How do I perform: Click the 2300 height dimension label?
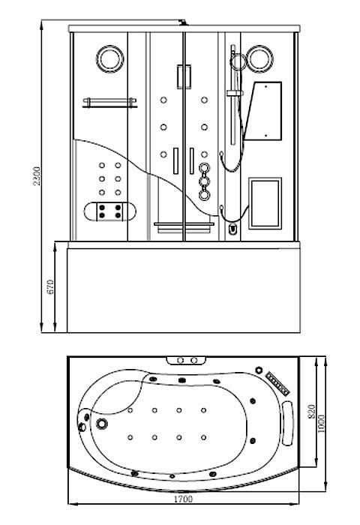pyautogui.click(x=37, y=176)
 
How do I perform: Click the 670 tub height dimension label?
pyautogui.click(x=50, y=287)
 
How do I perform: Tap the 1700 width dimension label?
pyautogui.click(x=183, y=499)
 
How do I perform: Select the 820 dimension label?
pyautogui.click(x=311, y=412)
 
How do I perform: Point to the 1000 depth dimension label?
pyautogui.click(x=321, y=424)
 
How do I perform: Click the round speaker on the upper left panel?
pyautogui.click(x=109, y=58)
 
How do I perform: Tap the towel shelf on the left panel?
pyautogui.click(x=109, y=103)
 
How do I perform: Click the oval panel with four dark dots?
pyautogui.click(x=109, y=211)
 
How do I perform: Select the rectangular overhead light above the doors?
pyautogui.click(x=184, y=76)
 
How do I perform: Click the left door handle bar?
pyautogui.click(x=175, y=160)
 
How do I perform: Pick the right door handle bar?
pyautogui.click(x=191, y=160)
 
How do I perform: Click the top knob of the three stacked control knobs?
pyautogui.click(x=204, y=168)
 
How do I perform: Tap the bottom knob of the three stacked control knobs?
pyautogui.click(x=204, y=195)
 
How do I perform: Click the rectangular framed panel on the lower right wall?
pyautogui.click(x=265, y=203)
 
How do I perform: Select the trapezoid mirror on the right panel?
pyautogui.click(x=263, y=111)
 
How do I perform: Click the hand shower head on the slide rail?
pyautogui.click(x=238, y=62)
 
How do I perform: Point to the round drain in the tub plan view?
pyautogui.click(x=102, y=424)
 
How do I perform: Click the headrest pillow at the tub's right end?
pyautogui.click(x=287, y=423)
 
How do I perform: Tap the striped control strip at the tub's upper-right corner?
pyautogui.click(x=277, y=383)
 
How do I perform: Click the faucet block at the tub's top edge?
pyautogui.click(x=187, y=360)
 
